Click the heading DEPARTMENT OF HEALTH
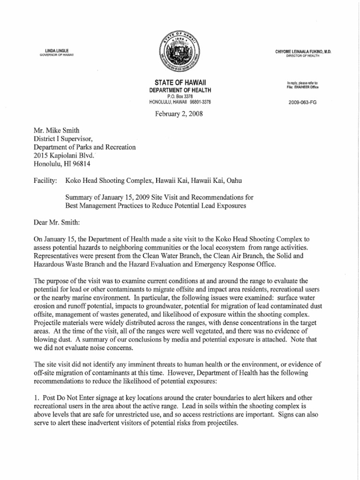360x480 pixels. point(180,90)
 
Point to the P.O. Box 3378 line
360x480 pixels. point(180,96)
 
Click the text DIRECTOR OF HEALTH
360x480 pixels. point(303,56)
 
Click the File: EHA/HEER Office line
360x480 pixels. point(303,87)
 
